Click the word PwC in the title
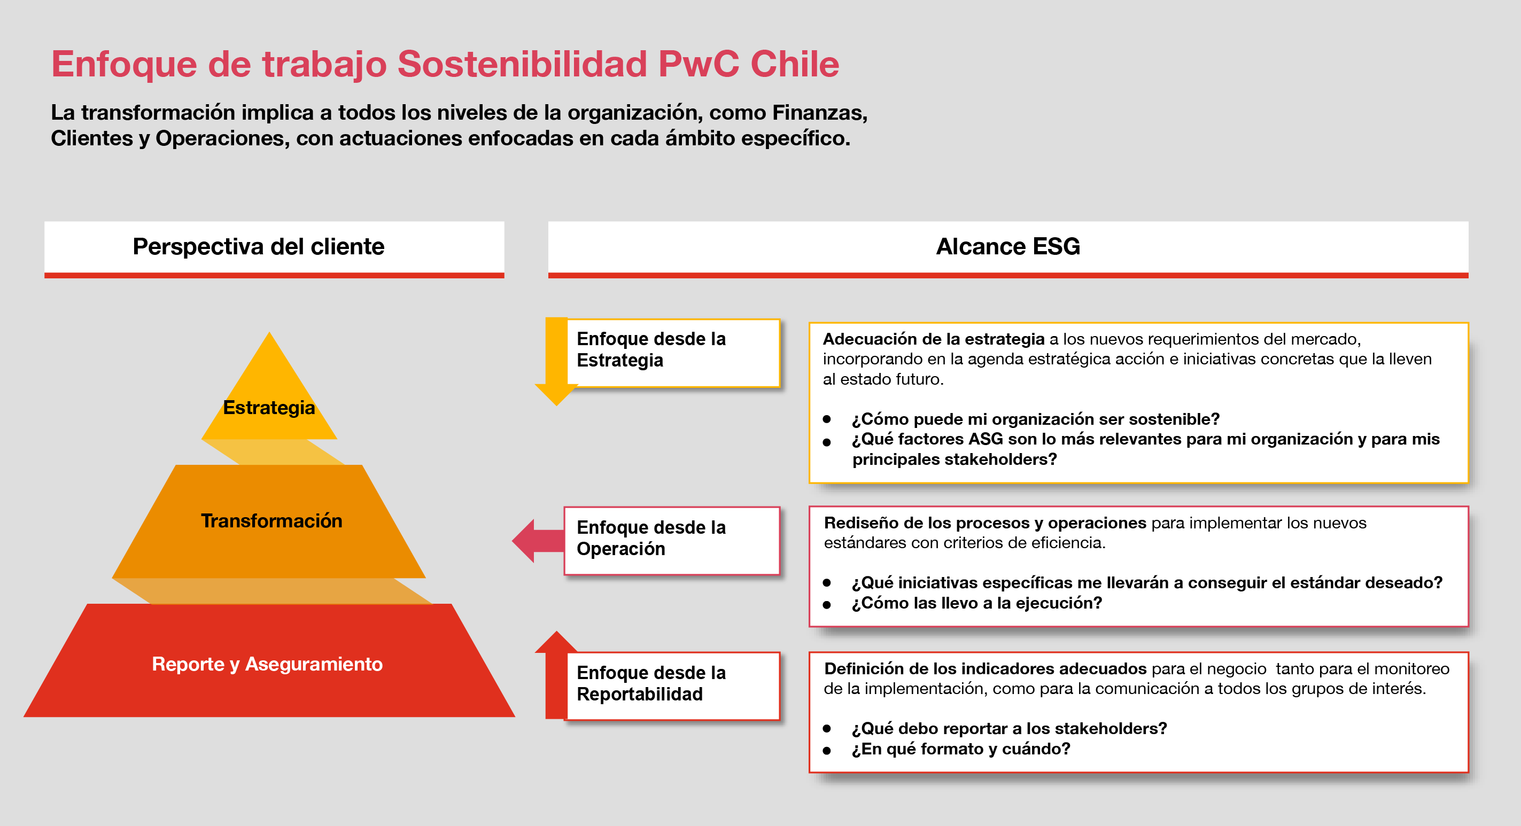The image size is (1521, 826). pos(699,64)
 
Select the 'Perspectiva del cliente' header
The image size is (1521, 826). pos(259,246)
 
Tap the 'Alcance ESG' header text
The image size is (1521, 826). pos(1008,246)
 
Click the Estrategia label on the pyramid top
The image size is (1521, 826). pos(269,408)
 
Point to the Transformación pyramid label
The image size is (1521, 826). pos(271,521)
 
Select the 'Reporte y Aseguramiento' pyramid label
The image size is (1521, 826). pos(267,664)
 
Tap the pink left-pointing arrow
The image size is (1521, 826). pos(538,541)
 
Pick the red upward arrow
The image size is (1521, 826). pos(556,674)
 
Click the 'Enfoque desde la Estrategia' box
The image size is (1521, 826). pos(673,353)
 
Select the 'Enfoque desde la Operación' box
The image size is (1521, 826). pos(672,541)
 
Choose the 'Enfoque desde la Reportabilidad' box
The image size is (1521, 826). pos(673,686)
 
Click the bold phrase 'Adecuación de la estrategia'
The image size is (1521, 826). pos(934,339)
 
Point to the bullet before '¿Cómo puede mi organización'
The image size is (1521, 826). pos(827,419)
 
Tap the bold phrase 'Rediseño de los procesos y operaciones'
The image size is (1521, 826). pos(985,523)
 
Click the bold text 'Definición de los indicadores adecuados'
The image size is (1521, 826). pos(985,668)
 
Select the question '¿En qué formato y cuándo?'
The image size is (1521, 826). pos(961,749)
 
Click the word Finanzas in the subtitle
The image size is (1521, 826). pos(819,112)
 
